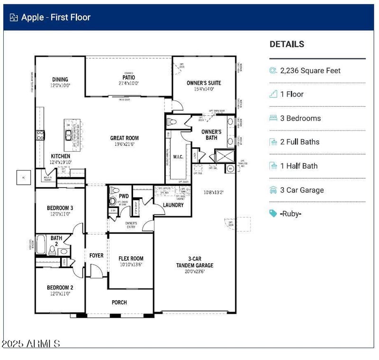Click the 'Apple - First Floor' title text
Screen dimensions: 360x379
click(55, 18)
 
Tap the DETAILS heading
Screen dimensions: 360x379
click(287, 45)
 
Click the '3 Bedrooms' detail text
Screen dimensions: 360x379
click(300, 118)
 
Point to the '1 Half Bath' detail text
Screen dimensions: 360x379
click(299, 166)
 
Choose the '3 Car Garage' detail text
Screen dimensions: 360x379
click(302, 190)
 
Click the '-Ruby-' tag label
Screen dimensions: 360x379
click(290, 214)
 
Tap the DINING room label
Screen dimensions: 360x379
click(60, 80)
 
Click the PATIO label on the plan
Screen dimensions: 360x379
click(128, 77)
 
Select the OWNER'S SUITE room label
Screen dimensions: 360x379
click(204, 83)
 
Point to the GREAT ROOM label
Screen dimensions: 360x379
click(125, 138)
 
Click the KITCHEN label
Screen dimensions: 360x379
click(61, 156)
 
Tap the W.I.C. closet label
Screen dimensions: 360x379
click(178, 157)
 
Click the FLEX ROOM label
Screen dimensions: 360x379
click(131, 259)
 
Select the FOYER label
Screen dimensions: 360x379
click(96, 256)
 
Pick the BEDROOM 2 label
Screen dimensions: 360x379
click(60, 288)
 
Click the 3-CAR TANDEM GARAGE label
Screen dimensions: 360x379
click(195, 262)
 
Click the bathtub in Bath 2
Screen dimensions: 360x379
click(42, 244)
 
